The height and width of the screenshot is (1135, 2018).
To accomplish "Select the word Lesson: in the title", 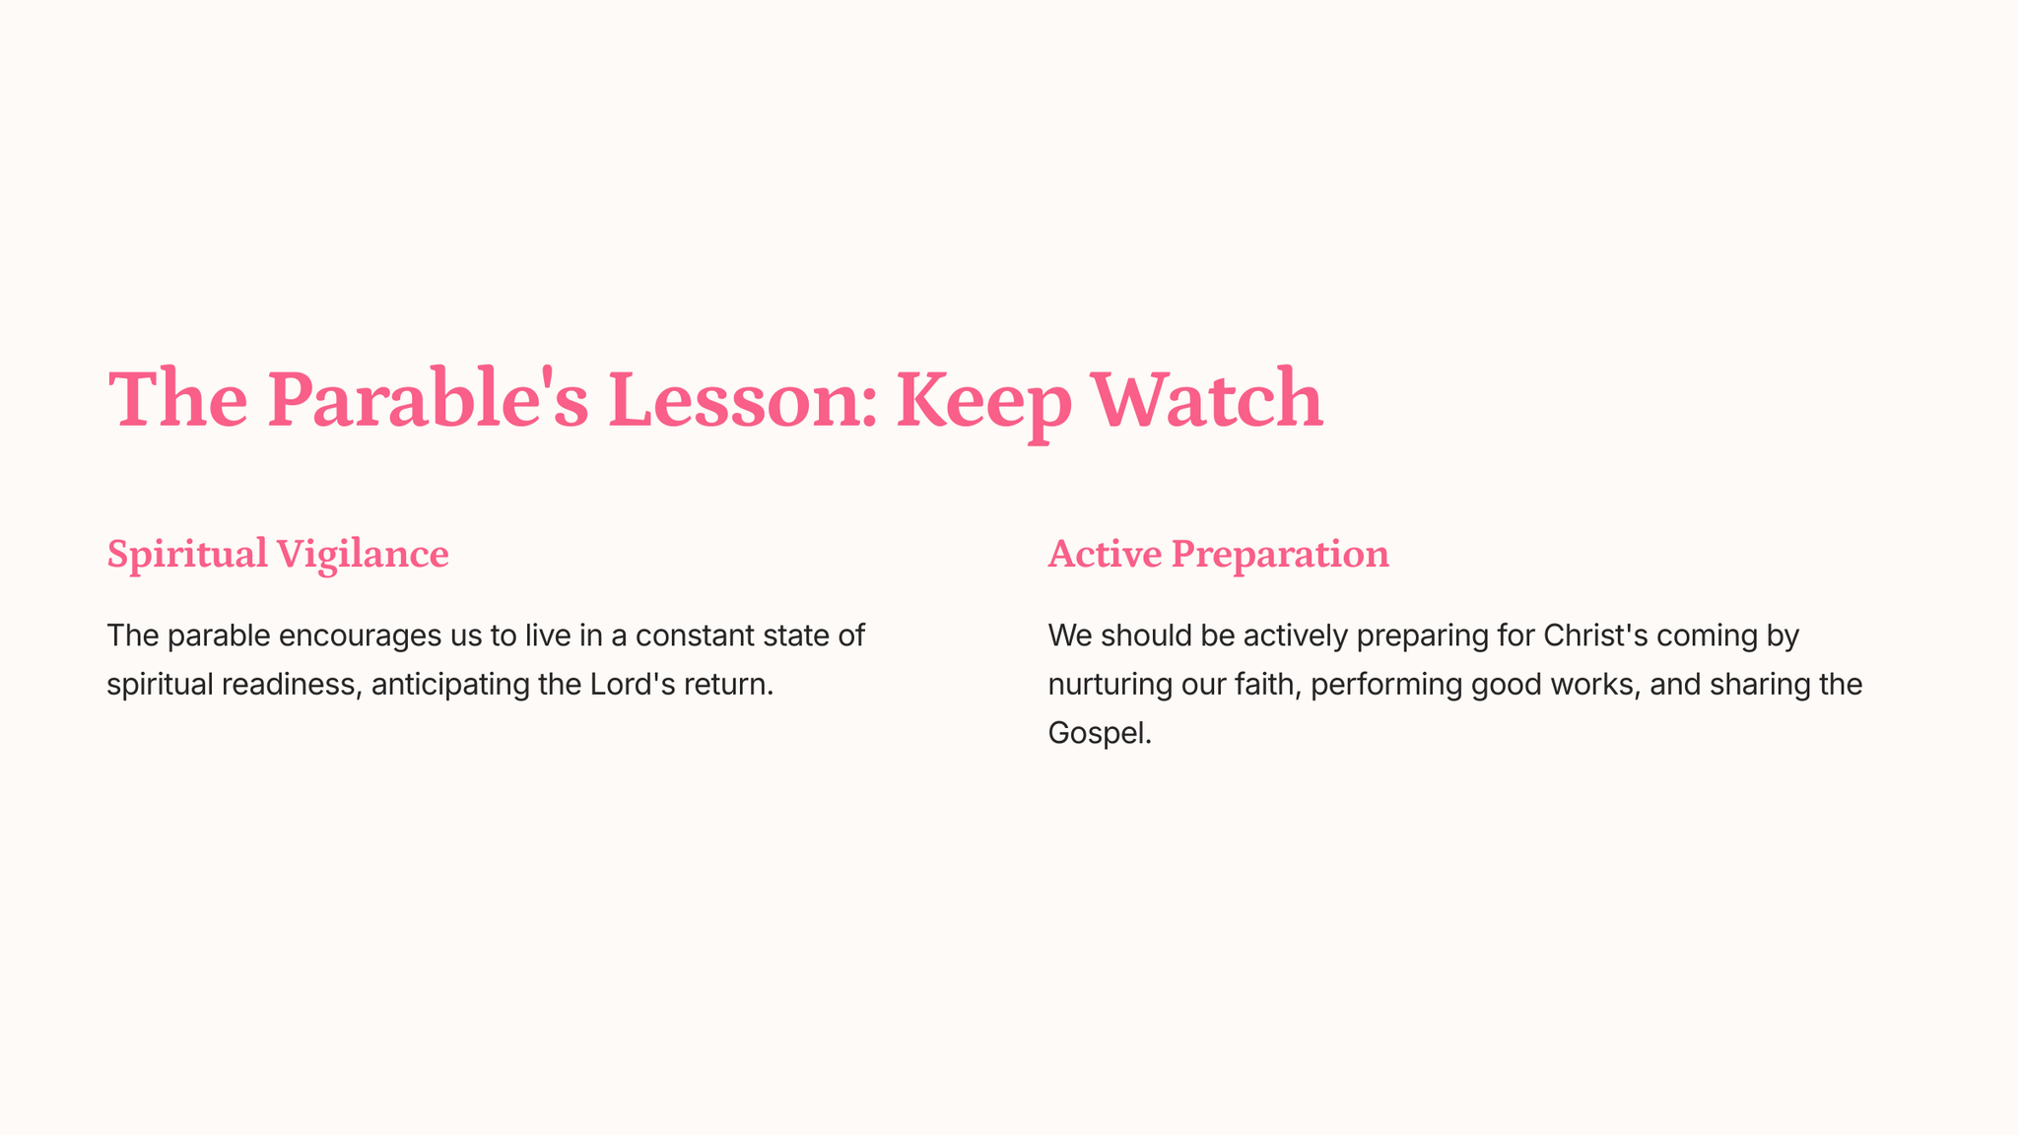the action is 743,399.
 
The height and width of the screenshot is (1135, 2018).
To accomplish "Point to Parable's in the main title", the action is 429,399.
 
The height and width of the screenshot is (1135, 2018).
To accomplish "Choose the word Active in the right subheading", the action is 1105,555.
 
